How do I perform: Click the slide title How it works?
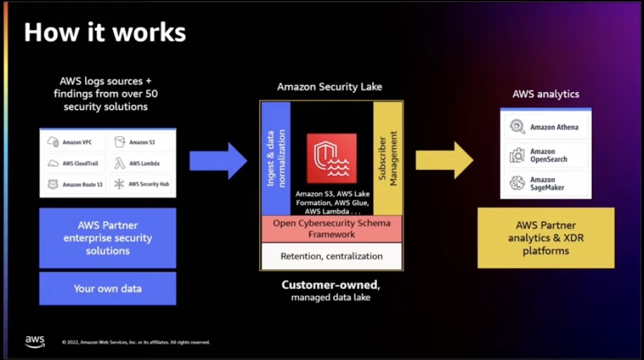coord(105,32)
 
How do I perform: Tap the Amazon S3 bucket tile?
coord(140,142)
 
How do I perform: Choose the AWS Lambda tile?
coord(140,163)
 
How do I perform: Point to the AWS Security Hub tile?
coord(140,184)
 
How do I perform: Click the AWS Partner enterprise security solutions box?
coord(108,238)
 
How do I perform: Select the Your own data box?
coord(108,288)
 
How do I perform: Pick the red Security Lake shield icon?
coord(331,159)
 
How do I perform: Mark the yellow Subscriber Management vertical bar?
coord(387,158)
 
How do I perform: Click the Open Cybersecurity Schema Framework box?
coord(332,229)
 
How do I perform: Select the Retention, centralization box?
coord(332,256)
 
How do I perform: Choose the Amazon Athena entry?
coord(546,127)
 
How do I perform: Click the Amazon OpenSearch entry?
coord(546,155)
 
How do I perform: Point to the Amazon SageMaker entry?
coord(546,184)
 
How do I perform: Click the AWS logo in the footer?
coord(35,341)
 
